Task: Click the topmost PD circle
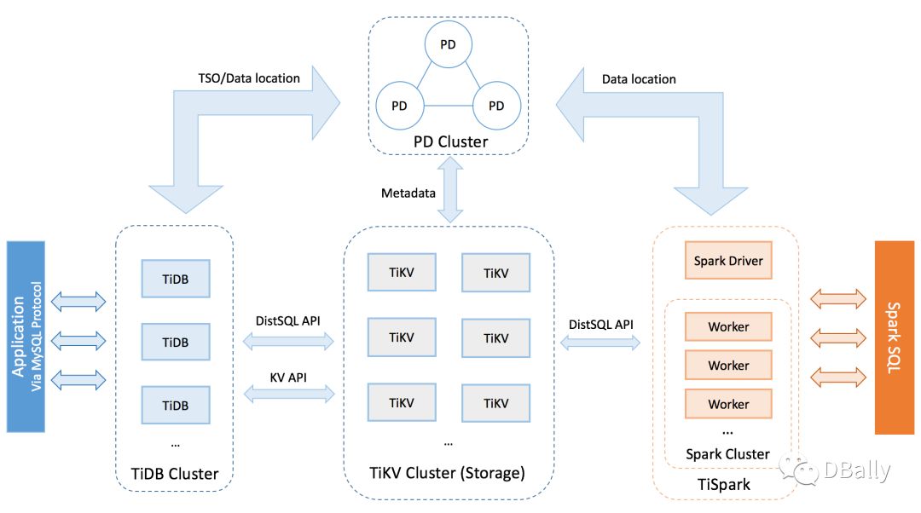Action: pyautogui.click(x=448, y=43)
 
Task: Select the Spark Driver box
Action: pyautogui.click(x=728, y=262)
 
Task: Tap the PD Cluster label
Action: pyautogui.click(x=450, y=141)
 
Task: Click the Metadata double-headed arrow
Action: pyautogui.click(x=447, y=193)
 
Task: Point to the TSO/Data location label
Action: pyautogui.click(x=249, y=78)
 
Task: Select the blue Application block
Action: pyautogui.click(x=24, y=338)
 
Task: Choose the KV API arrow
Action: pyautogui.click(x=289, y=393)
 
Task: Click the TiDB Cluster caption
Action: pyautogui.click(x=175, y=473)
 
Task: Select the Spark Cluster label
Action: pyautogui.click(x=727, y=454)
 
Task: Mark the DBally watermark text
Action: pyautogui.click(x=856, y=470)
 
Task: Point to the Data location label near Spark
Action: pyautogui.click(x=639, y=79)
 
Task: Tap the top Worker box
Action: pyautogui.click(x=728, y=326)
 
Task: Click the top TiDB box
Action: pyautogui.click(x=176, y=279)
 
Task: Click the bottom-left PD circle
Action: pyautogui.click(x=398, y=106)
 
